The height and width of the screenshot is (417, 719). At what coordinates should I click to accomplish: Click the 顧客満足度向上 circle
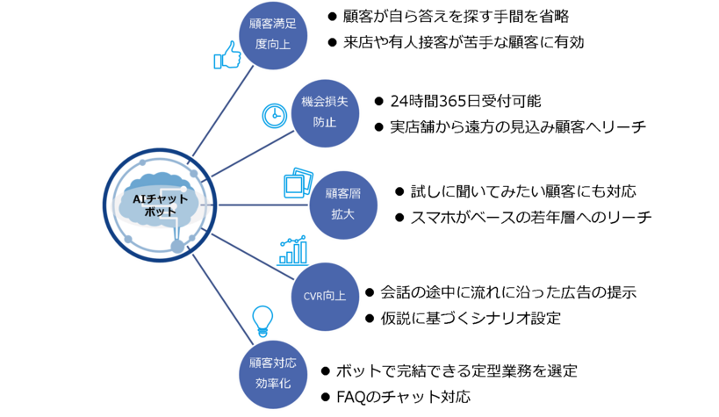273,35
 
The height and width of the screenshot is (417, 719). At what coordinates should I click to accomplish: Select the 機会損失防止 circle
325,113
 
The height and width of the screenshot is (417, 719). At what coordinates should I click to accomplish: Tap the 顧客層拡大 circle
343,205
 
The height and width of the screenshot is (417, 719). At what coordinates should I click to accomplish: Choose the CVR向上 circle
325,297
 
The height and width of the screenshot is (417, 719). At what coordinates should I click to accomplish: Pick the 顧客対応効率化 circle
273,374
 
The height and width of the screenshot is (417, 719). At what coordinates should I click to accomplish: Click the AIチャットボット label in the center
160,205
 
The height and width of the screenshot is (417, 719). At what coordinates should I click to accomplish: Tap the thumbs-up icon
227,55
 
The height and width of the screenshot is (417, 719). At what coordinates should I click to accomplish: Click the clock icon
275,116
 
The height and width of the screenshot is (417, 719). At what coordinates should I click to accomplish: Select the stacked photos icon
298,183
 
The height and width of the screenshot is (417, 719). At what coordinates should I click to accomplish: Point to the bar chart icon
292,250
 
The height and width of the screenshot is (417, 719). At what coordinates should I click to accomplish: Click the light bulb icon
262,321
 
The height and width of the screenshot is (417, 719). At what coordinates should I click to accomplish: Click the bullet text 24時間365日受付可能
465,101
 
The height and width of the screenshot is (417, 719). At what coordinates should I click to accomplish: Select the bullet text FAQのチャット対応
403,397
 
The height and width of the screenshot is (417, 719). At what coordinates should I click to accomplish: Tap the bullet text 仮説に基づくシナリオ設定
471,318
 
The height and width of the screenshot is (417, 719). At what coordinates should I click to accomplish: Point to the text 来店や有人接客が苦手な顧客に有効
464,42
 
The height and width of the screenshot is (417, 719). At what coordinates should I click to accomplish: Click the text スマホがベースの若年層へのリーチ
530,217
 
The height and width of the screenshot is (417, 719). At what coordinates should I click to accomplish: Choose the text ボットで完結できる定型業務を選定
457,370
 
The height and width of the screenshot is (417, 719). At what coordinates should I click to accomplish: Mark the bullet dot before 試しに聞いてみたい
399,191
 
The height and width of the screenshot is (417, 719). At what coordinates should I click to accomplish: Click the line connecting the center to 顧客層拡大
263,205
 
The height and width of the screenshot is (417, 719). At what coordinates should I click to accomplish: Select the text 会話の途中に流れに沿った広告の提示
508,292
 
